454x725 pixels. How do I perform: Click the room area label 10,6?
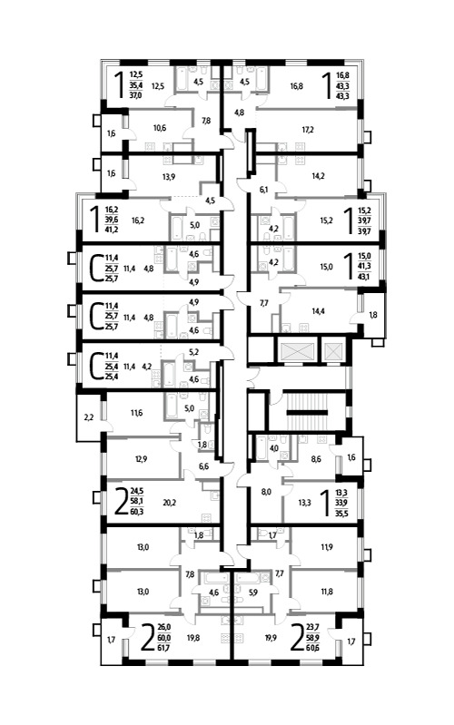click(x=160, y=128)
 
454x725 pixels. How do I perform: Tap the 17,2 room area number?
click(x=308, y=130)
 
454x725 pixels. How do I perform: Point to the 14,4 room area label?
click(x=318, y=311)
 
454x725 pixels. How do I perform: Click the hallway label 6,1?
click(x=263, y=189)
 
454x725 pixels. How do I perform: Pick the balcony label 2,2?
click(x=88, y=417)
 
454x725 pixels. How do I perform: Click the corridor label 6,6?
click(x=203, y=466)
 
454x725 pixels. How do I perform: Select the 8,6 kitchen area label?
click(x=316, y=459)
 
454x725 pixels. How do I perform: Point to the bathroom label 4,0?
click(x=274, y=447)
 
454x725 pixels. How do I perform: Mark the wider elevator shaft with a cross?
click(x=297, y=351)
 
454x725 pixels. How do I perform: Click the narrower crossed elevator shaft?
click(x=332, y=351)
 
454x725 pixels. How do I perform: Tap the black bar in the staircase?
click(x=307, y=412)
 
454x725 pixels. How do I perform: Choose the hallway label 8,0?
click(x=266, y=492)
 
